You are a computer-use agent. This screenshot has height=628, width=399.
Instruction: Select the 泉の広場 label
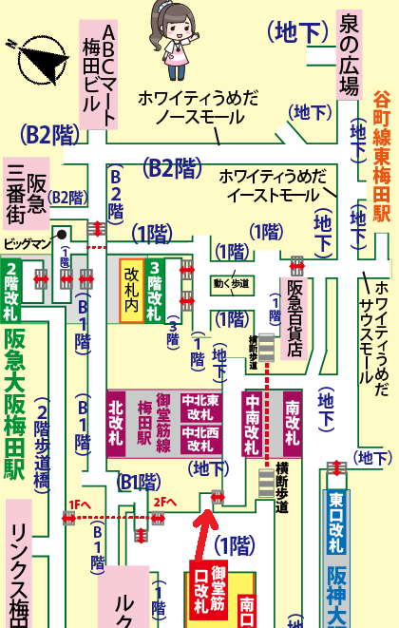pos(349,55)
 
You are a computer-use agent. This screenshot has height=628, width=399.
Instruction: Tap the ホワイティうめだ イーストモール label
pos(273,185)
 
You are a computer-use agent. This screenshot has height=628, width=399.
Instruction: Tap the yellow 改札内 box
pos(131,290)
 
